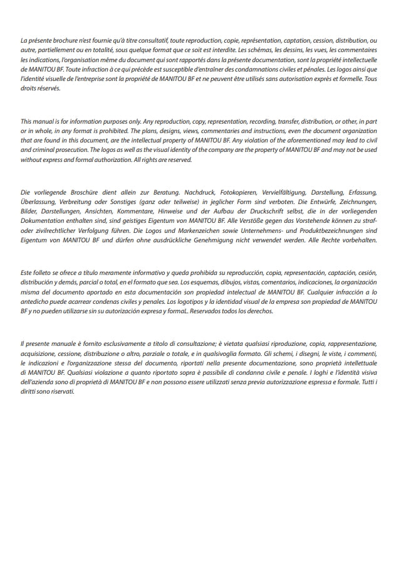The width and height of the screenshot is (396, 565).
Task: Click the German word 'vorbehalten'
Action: pyautogui.click(x=358, y=240)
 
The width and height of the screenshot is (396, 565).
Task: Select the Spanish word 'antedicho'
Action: pyautogui.click(x=36, y=301)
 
